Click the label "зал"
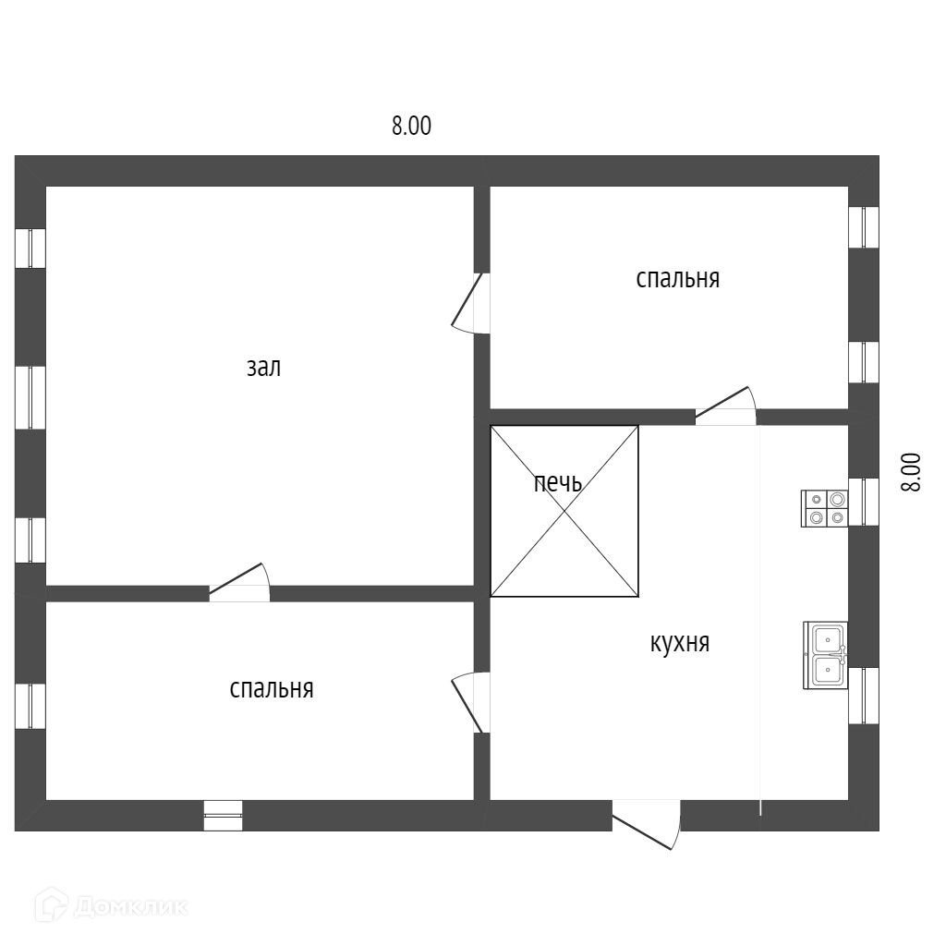(263, 368)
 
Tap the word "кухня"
(679, 643)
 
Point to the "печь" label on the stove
(558, 482)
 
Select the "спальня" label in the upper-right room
(677, 278)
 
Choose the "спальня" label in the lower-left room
(272, 689)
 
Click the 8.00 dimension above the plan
(411, 127)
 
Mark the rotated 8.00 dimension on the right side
(912, 472)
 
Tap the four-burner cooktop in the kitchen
(824, 508)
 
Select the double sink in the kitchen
(825, 656)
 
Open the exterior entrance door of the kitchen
(646, 822)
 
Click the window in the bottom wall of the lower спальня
(223, 815)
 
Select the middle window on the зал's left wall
(30, 397)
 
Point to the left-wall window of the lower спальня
(30, 706)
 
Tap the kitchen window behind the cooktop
(863, 502)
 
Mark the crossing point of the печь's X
(564, 510)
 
